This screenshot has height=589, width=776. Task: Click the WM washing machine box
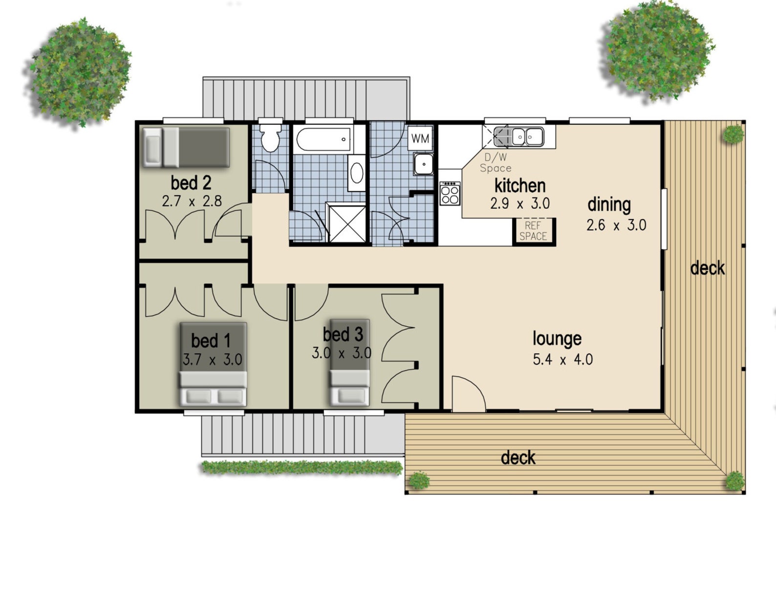point(420,138)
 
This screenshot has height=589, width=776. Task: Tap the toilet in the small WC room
point(270,137)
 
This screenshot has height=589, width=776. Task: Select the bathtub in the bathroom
point(323,139)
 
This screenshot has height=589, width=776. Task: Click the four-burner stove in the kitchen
point(450,194)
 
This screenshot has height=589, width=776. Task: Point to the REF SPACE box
point(533,230)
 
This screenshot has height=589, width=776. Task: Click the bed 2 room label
point(191,183)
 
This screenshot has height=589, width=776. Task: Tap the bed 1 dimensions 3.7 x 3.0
point(213,360)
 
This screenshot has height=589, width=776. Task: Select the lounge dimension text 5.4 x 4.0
point(563,360)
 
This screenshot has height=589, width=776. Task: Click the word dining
point(609,205)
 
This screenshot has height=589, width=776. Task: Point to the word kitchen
point(519,186)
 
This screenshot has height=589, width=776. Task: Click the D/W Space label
point(496,162)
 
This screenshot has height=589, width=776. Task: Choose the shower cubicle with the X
point(347,224)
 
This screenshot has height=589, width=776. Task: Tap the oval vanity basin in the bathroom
point(356,173)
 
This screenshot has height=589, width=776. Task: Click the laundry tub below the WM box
point(424,164)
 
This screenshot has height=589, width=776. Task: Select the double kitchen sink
point(518,137)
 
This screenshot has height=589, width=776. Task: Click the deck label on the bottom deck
point(518,458)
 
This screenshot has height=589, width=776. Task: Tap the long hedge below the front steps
point(302,467)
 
